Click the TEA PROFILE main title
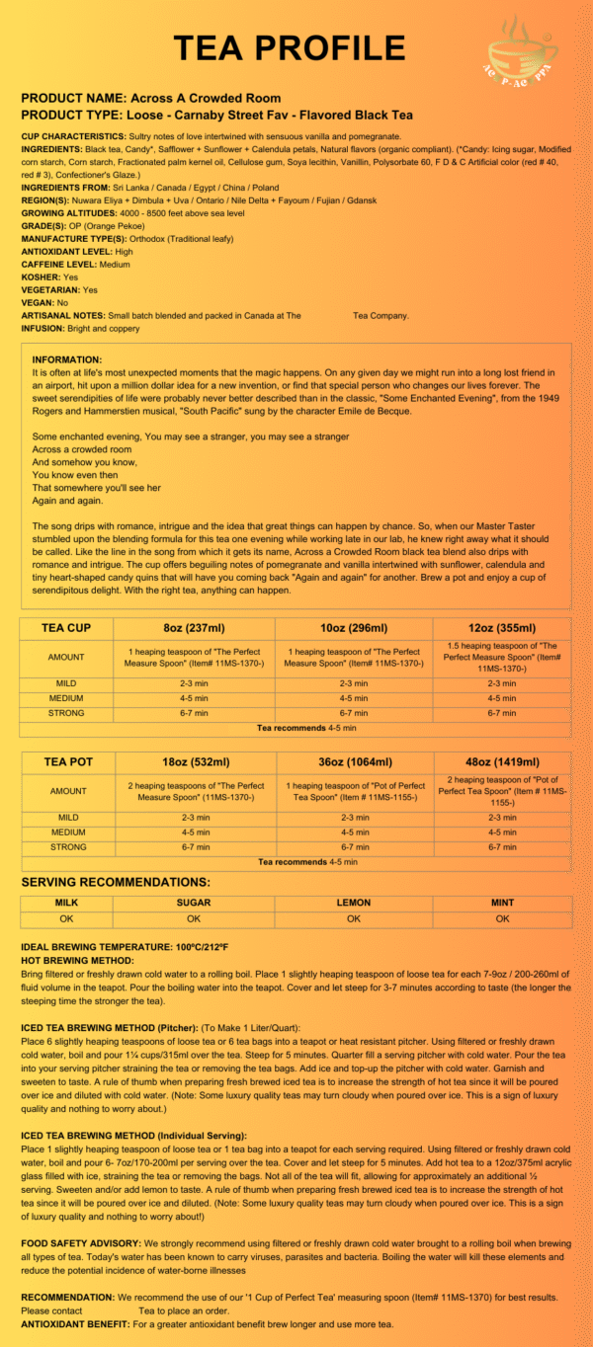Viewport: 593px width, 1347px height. pos(289,47)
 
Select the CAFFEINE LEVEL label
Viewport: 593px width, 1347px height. pos(59,265)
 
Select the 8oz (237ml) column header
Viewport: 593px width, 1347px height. pos(193,628)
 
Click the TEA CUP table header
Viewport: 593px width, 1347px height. pos(66,628)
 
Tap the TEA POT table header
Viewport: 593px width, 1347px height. pos(66,762)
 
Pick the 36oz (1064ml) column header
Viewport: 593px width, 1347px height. pos(353,762)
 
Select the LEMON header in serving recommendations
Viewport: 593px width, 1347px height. pos(353,903)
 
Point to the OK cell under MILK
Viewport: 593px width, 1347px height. pos(66,918)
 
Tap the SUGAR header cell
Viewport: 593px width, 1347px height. pos(193,903)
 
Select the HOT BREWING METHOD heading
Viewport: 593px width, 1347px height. pos(77,960)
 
